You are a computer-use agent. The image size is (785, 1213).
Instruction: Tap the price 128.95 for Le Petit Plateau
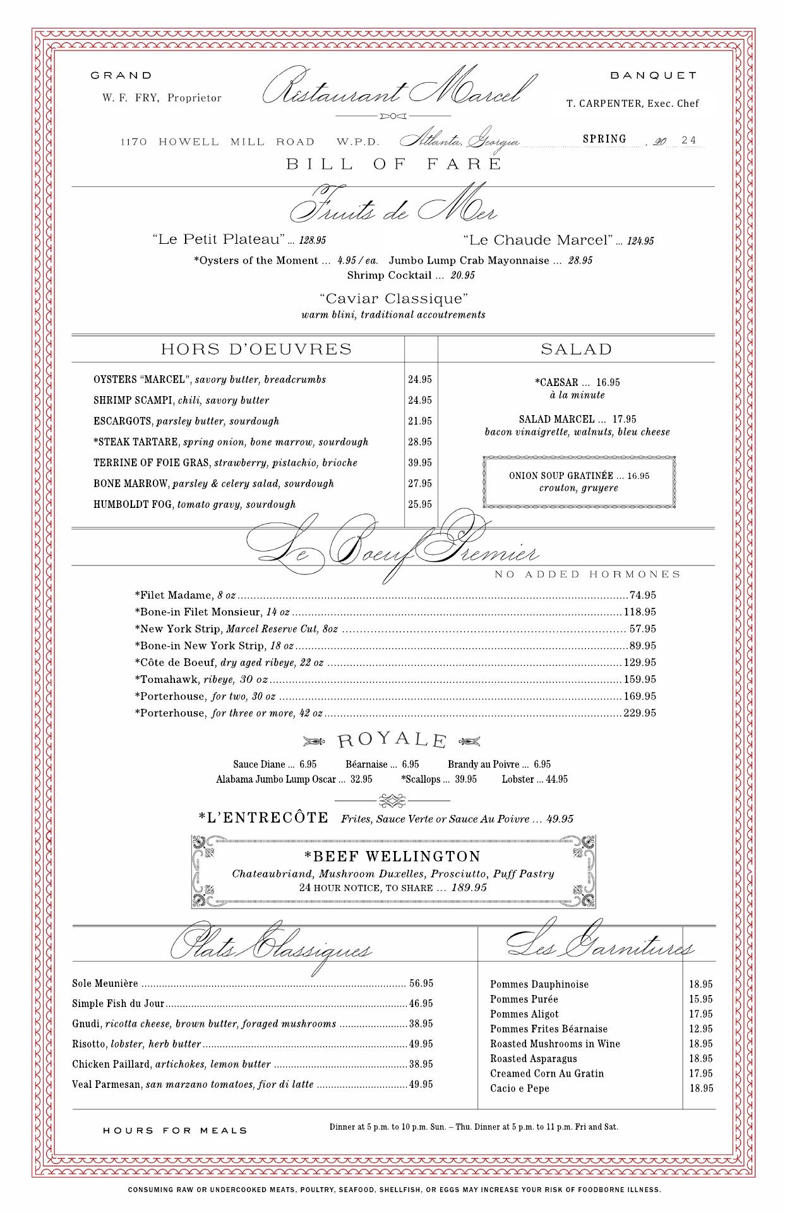point(313,241)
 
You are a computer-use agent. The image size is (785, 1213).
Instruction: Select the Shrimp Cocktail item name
point(389,275)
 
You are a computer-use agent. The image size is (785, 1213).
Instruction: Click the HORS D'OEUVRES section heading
point(256,349)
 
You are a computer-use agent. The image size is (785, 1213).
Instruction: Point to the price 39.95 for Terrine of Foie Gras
point(420,463)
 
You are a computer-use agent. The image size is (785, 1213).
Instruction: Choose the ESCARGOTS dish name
point(123,421)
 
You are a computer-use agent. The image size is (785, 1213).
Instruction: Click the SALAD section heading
point(576,349)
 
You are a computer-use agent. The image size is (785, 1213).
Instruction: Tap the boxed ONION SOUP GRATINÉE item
point(579,481)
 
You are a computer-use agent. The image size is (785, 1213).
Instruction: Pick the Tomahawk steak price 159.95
point(640,680)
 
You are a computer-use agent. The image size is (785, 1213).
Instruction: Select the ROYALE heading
point(392,740)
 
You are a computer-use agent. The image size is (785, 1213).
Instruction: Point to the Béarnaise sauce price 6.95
point(410,764)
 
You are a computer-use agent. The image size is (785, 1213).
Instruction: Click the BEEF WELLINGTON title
point(392,857)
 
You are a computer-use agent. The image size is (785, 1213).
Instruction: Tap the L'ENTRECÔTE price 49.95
point(560,819)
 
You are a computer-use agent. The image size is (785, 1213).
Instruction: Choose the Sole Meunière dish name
point(105,984)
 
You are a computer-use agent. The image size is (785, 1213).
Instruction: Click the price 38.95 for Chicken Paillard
point(421,1065)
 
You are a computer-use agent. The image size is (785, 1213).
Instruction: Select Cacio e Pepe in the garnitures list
point(520,1089)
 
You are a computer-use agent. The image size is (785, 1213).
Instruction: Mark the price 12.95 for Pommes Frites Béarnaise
point(700,1029)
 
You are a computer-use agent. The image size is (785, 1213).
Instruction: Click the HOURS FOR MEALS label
point(175,1130)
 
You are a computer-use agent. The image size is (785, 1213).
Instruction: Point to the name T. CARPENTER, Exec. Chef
point(632,104)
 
